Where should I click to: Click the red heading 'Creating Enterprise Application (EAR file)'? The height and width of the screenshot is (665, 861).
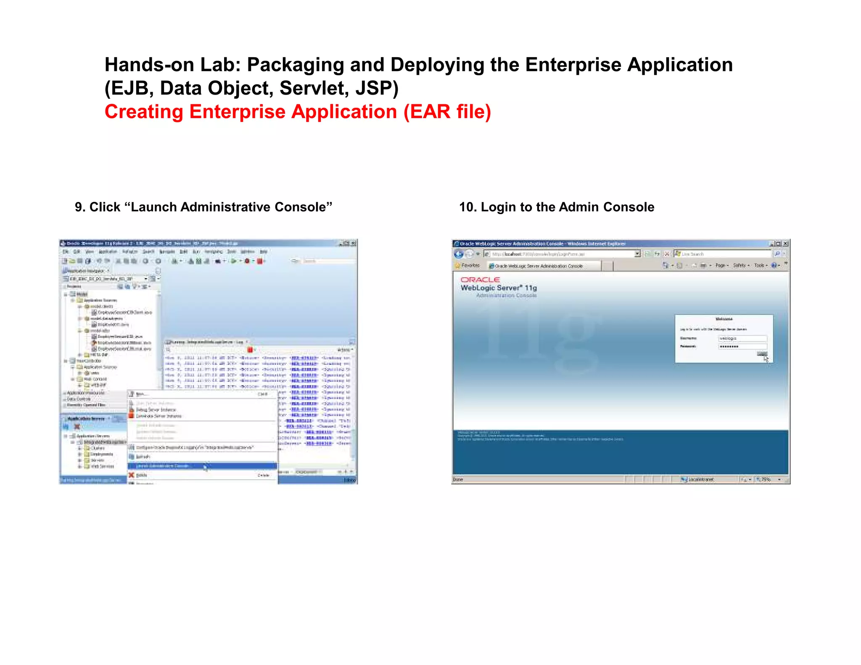coord(297,112)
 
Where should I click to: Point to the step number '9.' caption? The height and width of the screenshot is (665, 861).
coord(80,207)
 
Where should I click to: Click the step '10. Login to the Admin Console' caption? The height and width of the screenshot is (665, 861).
coord(556,207)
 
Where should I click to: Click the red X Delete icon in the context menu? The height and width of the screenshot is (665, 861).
coord(132,475)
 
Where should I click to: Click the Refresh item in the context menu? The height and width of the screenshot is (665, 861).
coord(143,457)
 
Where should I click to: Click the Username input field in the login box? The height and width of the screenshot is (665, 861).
coord(742,338)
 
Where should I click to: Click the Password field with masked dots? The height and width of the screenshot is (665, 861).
coord(742,346)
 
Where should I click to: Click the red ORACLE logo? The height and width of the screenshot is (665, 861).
coord(480,280)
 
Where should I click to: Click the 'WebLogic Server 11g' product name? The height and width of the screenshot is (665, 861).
coord(499,288)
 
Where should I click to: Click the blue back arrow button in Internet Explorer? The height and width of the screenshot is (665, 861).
coord(459,254)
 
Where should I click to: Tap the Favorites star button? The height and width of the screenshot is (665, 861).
coord(467,266)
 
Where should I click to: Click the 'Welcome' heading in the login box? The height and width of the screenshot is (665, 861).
coord(724,319)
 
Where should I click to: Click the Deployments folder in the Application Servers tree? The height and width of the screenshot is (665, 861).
coord(101,454)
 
